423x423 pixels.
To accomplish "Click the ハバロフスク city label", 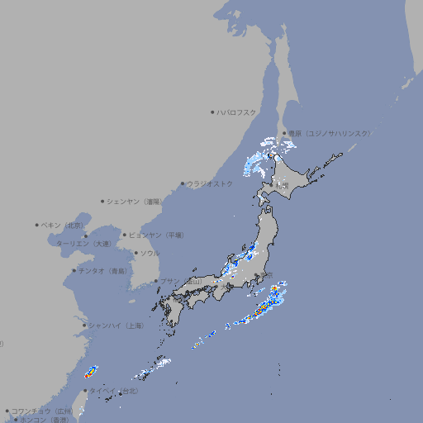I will click(x=236, y=112).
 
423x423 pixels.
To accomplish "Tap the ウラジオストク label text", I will click(x=210, y=183).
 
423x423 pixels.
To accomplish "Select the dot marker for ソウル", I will click(x=134, y=253).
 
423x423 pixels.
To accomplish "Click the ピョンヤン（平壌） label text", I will click(x=156, y=235).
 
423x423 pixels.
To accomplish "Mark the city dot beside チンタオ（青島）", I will click(x=74, y=270).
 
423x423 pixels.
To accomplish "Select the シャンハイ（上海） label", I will click(x=116, y=326).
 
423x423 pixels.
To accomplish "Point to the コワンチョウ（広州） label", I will click(x=42, y=411).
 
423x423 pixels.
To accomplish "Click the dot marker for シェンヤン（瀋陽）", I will click(x=102, y=201).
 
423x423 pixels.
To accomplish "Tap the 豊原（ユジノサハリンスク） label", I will click(x=330, y=133).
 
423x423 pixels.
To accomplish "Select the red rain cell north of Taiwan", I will click(x=91, y=373).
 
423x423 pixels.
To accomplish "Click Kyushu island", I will click(x=174, y=311).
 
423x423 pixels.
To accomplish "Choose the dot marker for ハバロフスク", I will click(x=212, y=112).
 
